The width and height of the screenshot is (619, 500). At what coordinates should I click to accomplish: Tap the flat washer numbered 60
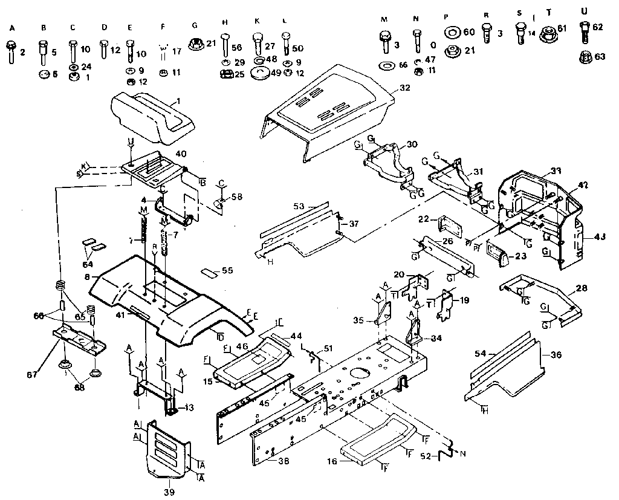tap(450, 31)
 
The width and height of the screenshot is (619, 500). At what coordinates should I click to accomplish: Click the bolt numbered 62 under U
tap(584, 31)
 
